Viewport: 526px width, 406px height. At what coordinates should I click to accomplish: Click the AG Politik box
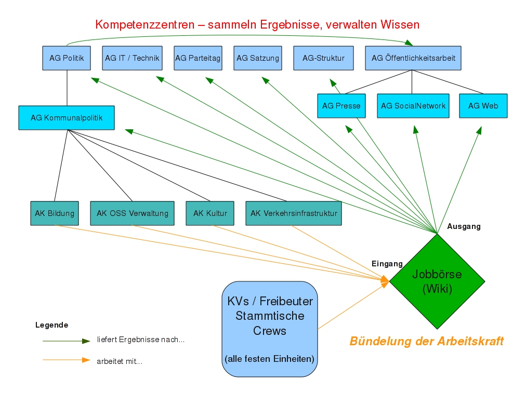pyautogui.click(x=67, y=58)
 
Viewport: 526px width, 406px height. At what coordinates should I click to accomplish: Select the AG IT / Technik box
pyautogui.click(x=132, y=58)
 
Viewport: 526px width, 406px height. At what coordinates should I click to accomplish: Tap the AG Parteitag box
pyautogui.click(x=198, y=58)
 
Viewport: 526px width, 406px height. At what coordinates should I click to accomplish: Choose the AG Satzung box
pyautogui.click(x=258, y=58)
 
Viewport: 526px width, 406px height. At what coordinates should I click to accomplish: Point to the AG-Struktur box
pyautogui.click(x=323, y=58)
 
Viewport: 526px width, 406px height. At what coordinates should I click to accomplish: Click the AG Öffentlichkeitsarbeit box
pyautogui.click(x=413, y=58)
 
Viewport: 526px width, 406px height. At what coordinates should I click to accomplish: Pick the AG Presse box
pyautogui.click(x=341, y=106)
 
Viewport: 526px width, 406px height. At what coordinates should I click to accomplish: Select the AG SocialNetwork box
pyautogui.click(x=413, y=106)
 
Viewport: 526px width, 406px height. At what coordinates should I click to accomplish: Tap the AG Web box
pyautogui.click(x=483, y=106)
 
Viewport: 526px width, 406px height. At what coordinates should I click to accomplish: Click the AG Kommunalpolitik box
pyautogui.click(x=67, y=118)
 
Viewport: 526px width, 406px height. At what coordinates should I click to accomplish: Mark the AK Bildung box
pyautogui.click(x=55, y=213)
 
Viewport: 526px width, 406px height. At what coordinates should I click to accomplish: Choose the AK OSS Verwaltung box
pyautogui.click(x=133, y=213)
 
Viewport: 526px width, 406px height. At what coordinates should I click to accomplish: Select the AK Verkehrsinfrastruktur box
pyautogui.click(x=294, y=213)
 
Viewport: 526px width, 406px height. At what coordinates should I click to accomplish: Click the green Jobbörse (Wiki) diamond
pyautogui.click(x=437, y=282)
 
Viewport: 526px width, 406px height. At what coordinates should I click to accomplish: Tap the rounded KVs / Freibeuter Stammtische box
pyautogui.click(x=270, y=329)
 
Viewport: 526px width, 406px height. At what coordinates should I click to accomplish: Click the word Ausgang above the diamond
pyautogui.click(x=464, y=226)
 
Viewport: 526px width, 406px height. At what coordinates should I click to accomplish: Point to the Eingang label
pyautogui.click(x=387, y=264)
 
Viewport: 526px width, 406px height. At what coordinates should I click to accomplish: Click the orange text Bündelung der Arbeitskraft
pyautogui.click(x=426, y=341)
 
